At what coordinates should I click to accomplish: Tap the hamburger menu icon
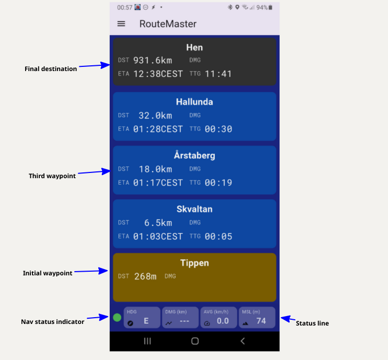click(x=121, y=24)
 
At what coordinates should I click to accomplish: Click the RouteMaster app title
click(x=168, y=24)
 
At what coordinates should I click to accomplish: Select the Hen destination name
click(x=195, y=48)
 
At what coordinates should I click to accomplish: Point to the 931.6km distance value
click(x=153, y=60)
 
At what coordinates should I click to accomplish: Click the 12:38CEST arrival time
click(x=158, y=74)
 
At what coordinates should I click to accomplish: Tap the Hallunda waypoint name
click(x=195, y=102)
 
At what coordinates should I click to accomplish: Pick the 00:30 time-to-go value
click(x=218, y=129)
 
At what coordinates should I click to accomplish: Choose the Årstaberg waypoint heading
click(x=195, y=155)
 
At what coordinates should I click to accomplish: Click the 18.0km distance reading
click(x=155, y=169)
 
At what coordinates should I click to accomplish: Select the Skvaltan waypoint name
click(x=195, y=209)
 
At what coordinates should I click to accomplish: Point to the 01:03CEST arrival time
click(x=158, y=237)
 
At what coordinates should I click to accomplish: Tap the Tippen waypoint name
click(x=195, y=263)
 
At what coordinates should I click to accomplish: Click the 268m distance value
click(x=145, y=276)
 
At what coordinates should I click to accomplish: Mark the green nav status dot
click(x=117, y=318)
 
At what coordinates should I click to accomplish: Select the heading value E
click(x=146, y=321)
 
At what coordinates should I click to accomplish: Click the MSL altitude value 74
click(x=261, y=321)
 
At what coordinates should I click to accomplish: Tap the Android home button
click(x=195, y=341)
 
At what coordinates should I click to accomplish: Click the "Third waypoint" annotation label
click(x=52, y=176)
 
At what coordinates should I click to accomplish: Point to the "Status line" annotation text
click(x=312, y=323)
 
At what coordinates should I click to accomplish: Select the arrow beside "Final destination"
click(x=94, y=65)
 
